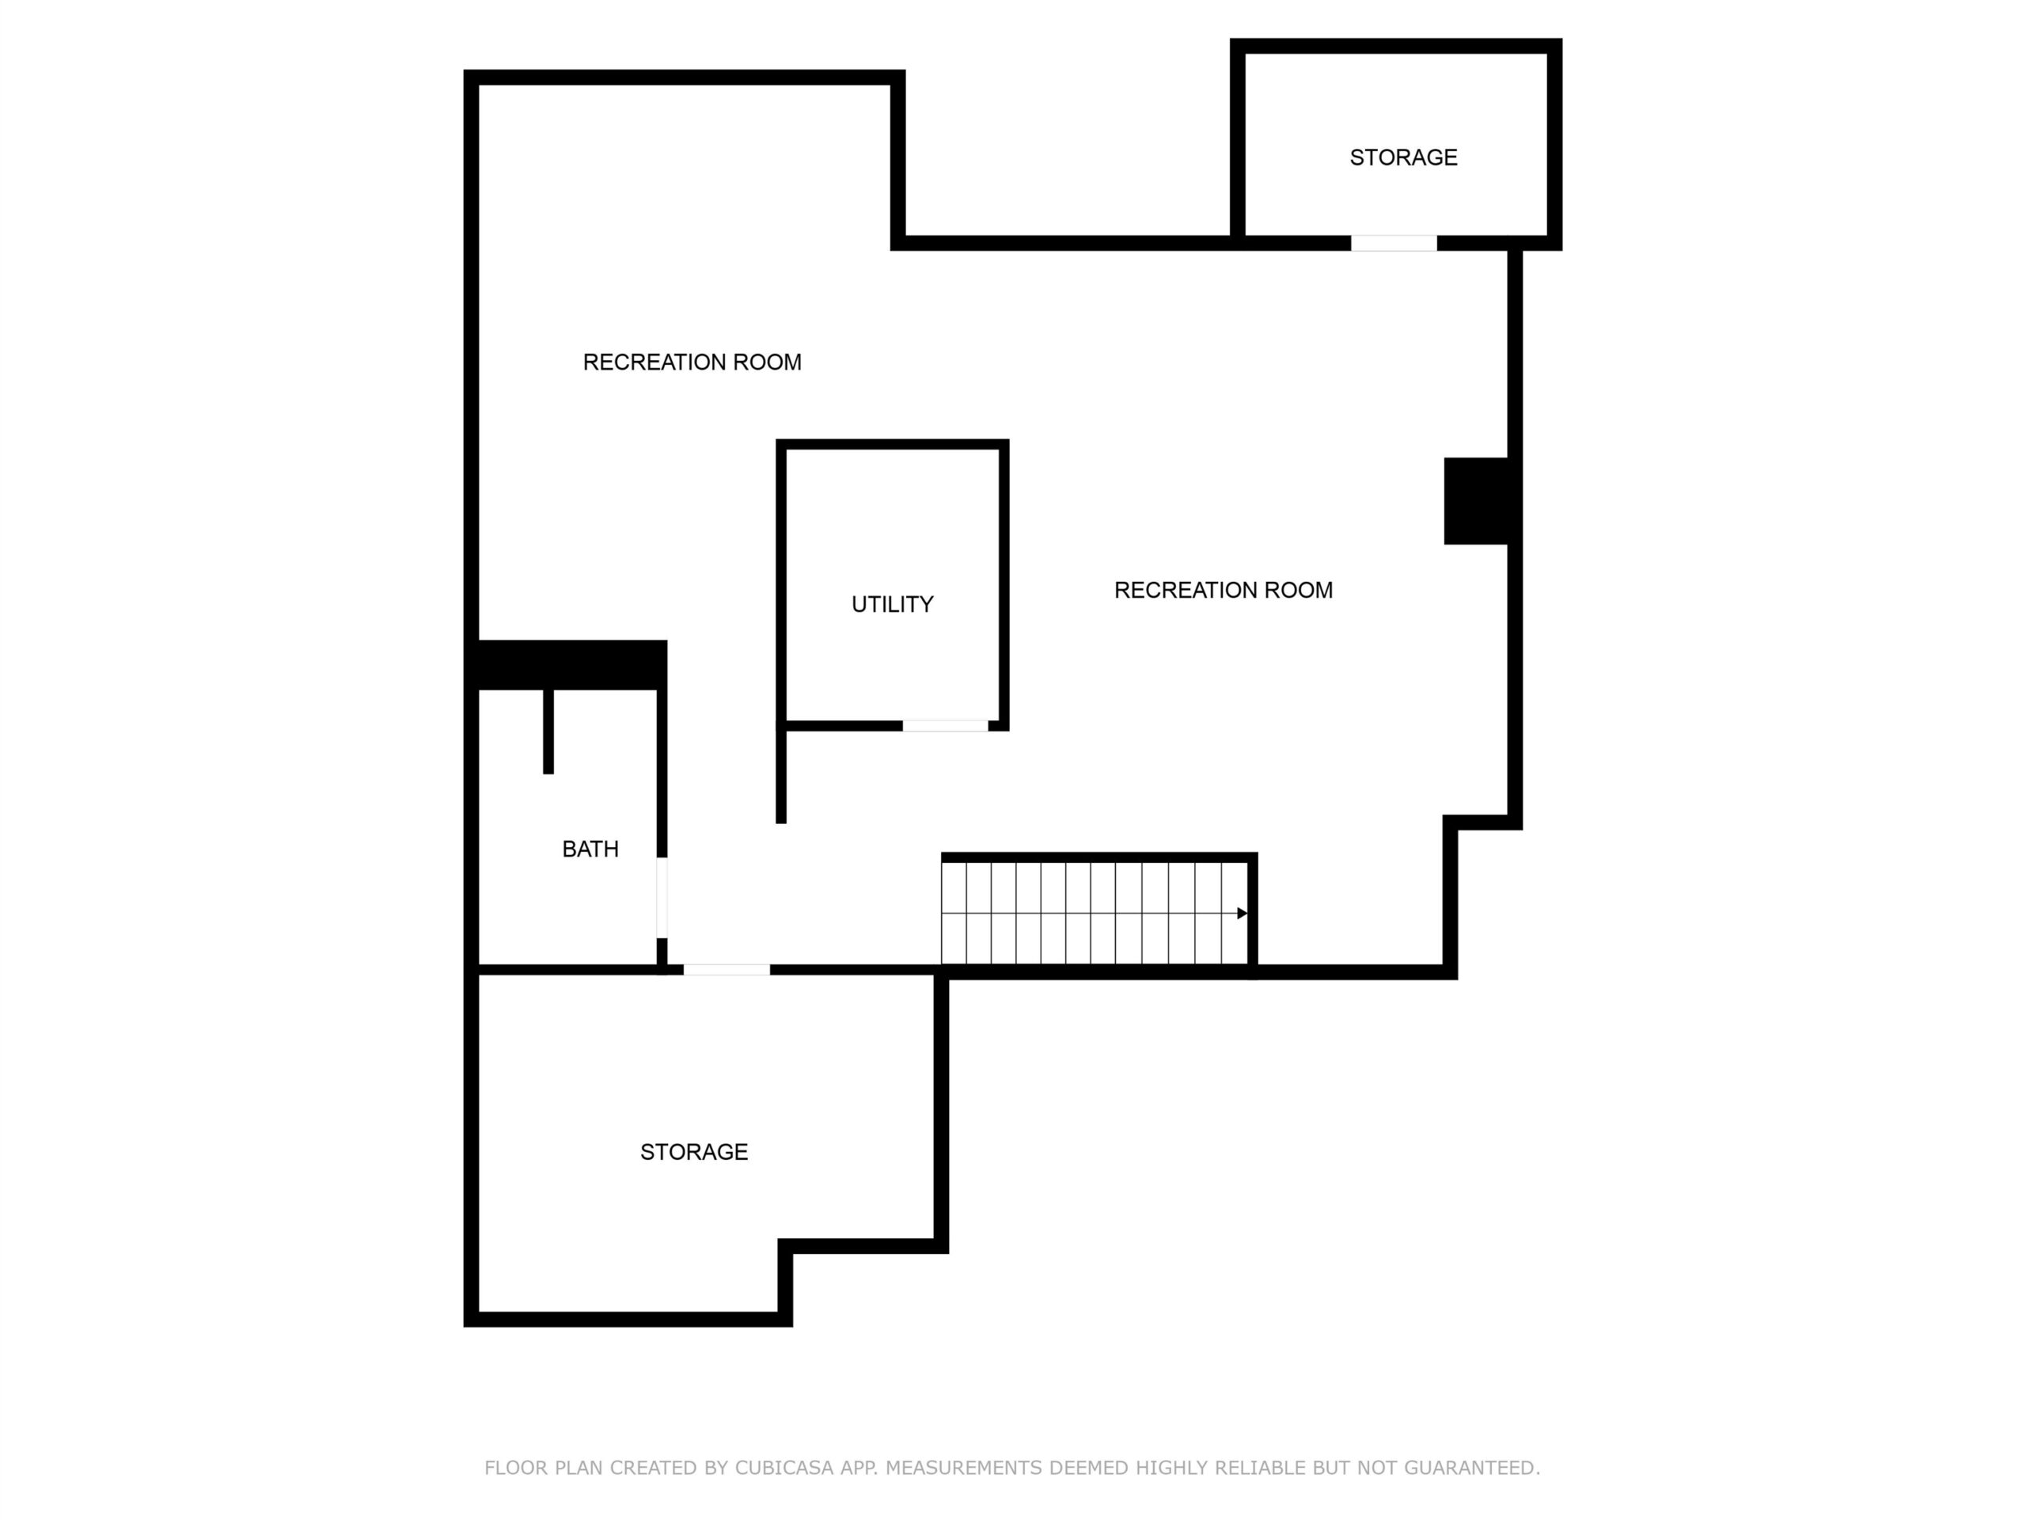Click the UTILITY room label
892,605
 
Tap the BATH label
590,849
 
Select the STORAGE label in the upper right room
1403,158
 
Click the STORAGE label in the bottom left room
693,1152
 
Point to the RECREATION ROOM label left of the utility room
692,363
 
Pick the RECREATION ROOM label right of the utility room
1223,590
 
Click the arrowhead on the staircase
1242,914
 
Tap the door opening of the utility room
945,727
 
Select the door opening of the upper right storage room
1394,244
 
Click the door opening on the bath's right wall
662,898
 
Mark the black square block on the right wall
1477,501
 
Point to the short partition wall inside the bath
548,732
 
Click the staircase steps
1095,914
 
